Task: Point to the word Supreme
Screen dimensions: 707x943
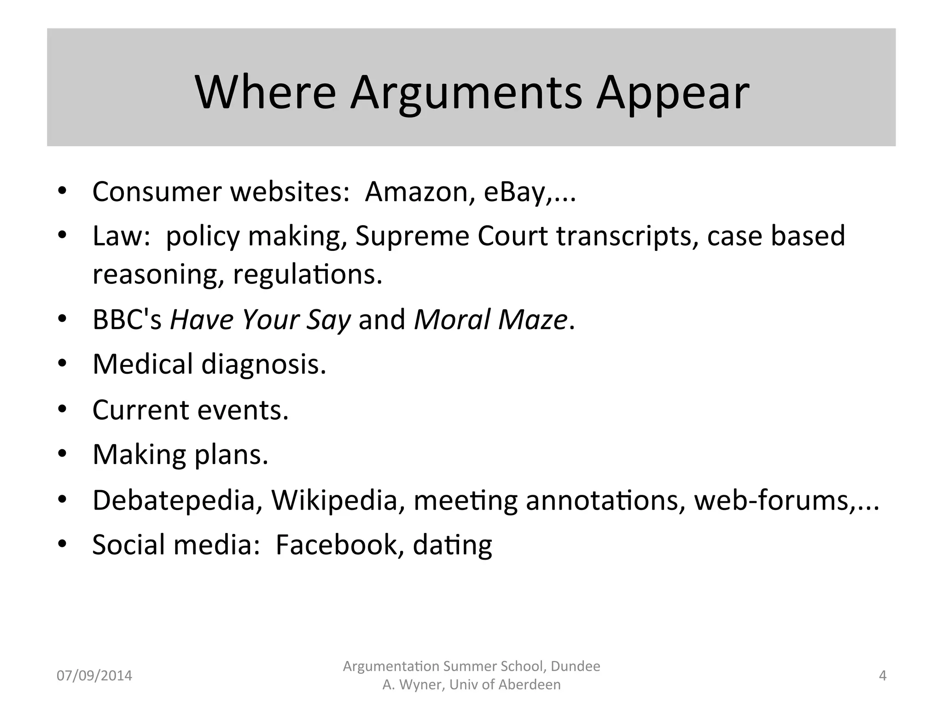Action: click(412, 236)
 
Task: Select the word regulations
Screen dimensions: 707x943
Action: click(308, 274)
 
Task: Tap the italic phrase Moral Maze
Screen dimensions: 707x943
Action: click(490, 319)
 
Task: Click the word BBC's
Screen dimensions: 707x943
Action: click(127, 319)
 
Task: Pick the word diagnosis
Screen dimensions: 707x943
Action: click(263, 364)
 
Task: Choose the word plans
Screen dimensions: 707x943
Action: click(231, 455)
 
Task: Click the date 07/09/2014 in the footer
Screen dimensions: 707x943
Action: click(94, 676)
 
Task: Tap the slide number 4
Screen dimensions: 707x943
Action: click(882, 676)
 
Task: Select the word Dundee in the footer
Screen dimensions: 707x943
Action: click(575, 666)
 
